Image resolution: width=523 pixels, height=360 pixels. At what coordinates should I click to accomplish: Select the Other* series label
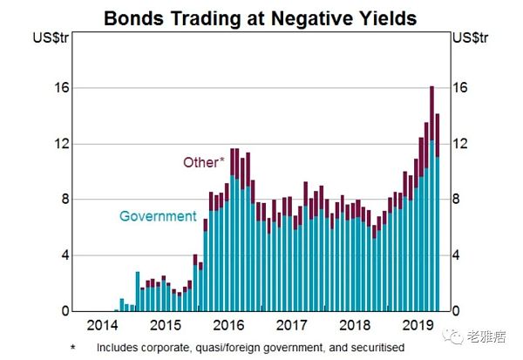(x=204, y=161)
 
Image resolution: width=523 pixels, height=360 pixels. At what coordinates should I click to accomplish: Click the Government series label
(x=157, y=215)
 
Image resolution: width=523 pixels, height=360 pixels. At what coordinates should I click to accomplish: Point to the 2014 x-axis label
(x=105, y=327)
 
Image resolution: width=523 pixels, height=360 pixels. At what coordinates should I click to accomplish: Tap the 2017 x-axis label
(x=292, y=327)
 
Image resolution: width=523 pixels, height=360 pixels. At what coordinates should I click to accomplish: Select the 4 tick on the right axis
(x=462, y=255)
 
